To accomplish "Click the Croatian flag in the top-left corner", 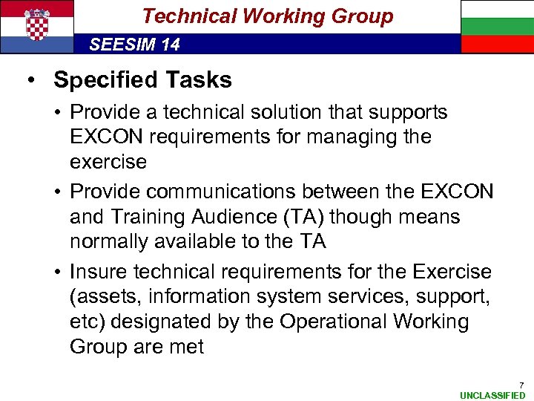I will (x=37, y=27).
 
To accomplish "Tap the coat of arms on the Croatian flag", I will (x=37, y=24).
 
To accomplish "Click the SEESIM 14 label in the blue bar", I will (x=134, y=45).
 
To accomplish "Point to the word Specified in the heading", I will (x=102, y=79).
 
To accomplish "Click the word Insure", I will (x=99, y=273).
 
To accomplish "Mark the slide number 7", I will (x=521, y=385).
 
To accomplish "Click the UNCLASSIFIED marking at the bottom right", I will (x=492, y=395).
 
